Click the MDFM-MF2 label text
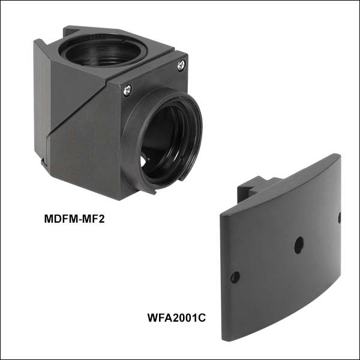coord(74,219)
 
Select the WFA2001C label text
coord(176,318)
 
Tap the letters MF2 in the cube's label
coord(93,219)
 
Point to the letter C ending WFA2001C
coord(202,318)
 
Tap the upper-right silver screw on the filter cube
coord(181,65)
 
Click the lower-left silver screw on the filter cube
coord(127,90)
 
